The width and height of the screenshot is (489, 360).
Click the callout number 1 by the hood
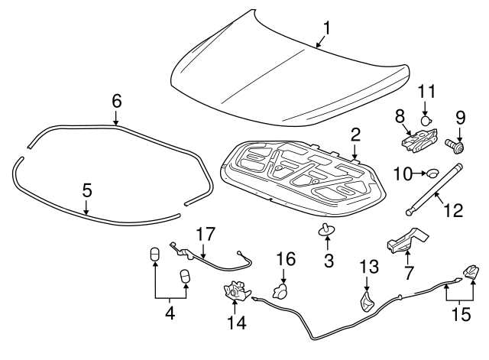(327, 28)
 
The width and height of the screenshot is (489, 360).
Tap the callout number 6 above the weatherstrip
(116, 100)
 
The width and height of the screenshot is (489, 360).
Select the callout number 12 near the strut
(453, 209)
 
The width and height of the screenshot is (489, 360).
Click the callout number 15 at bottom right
(459, 313)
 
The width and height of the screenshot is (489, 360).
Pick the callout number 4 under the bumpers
(170, 313)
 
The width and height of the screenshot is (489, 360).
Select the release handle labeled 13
(368, 300)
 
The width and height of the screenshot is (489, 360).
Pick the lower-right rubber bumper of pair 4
(184, 277)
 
